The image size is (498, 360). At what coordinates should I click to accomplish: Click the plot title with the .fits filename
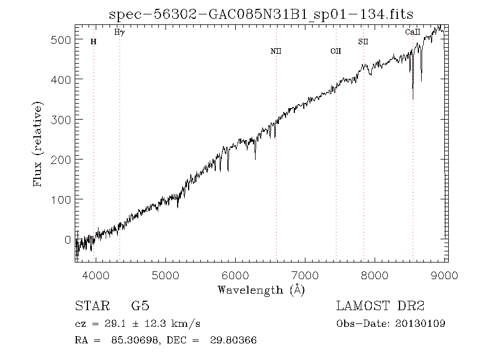261,13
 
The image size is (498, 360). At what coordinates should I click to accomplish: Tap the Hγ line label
120,33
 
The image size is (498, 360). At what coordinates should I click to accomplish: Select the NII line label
276,52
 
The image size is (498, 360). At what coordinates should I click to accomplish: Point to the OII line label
336,52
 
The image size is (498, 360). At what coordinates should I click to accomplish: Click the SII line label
363,42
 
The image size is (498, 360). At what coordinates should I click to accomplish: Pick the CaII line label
413,33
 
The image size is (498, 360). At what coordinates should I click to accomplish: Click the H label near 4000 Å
94,42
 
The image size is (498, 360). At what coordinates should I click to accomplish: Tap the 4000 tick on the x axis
96,275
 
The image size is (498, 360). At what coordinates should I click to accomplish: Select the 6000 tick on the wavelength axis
236,275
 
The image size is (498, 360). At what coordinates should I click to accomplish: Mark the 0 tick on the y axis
68,239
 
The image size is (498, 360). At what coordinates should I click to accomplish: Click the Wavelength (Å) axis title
261,290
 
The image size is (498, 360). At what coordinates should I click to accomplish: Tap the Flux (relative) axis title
39,144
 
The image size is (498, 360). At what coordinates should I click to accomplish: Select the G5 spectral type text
140,306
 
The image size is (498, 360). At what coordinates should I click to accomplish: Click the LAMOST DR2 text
380,306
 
